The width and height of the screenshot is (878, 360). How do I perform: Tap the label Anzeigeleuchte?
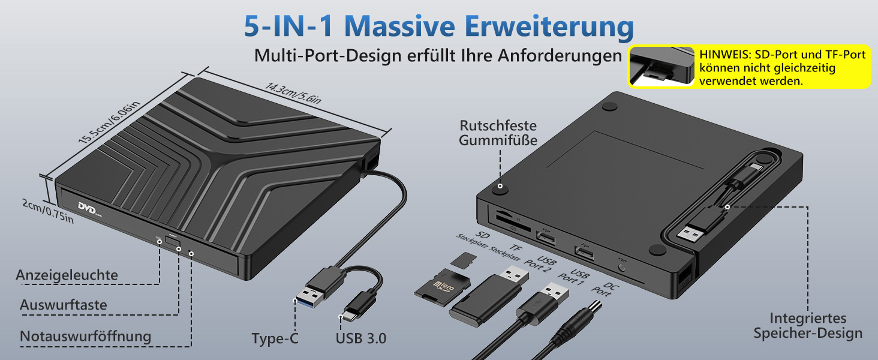pos(67,275)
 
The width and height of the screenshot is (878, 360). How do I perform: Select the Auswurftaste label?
pos(63,305)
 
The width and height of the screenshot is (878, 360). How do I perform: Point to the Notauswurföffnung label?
pos(85,336)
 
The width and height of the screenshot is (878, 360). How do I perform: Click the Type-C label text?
pos(275,339)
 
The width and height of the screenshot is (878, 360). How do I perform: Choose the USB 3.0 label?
pos(360,338)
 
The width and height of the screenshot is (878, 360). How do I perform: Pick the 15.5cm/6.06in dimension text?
pos(110,124)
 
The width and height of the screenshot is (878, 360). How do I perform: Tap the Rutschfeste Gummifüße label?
pos(498,133)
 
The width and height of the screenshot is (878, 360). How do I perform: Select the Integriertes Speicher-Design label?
pos(808,326)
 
